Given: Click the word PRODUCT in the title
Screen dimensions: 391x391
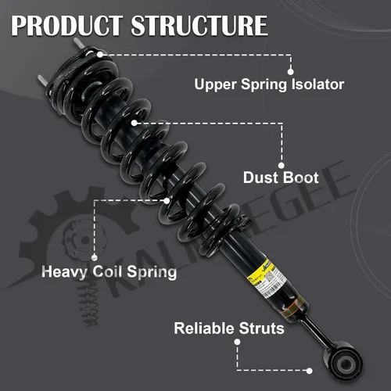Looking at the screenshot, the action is click(67, 25).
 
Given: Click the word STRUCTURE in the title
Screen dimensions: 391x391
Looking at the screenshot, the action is click(199, 25).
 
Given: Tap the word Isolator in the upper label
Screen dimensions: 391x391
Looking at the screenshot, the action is click(317, 84).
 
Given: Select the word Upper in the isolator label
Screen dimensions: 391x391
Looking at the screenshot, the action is click(215, 85).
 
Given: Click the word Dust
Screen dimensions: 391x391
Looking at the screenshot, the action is click(260, 178).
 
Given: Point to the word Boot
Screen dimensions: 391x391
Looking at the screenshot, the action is click(300, 178).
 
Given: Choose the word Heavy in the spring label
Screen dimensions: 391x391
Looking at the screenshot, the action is click(64, 272).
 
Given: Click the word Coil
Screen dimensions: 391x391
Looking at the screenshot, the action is click(107, 271).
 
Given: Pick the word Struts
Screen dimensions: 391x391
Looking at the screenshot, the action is click(261, 328).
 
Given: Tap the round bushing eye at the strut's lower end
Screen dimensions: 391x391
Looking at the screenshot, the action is click(343, 362).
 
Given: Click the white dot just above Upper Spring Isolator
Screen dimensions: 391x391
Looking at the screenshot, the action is click(291, 72).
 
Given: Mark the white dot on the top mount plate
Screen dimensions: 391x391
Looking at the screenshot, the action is click(100, 55).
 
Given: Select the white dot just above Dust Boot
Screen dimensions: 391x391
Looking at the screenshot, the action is click(282, 165).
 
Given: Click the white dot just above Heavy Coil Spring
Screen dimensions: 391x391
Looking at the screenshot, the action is click(95, 257).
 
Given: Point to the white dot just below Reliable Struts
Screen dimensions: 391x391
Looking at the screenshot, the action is click(237, 342).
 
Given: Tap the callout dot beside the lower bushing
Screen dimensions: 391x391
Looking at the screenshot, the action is click(310, 371).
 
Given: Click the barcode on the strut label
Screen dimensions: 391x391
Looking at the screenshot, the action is click(273, 289).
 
